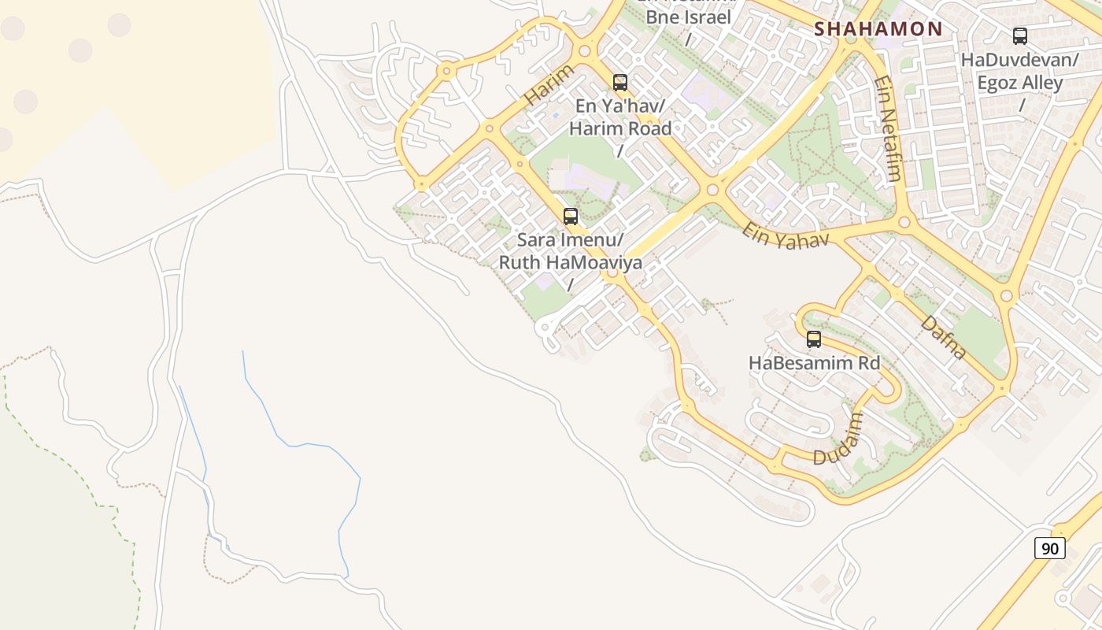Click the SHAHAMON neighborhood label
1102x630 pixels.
[x=878, y=29]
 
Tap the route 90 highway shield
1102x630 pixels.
[x=1049, y=548]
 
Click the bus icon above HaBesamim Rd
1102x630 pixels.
[x=814, y=339]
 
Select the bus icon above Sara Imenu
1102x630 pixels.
[x=571, y=216]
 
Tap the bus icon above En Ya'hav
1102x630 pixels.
[x=620, y=82]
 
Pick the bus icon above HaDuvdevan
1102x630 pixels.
[x=1020, y=35]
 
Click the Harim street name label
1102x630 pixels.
[x=549, y=85]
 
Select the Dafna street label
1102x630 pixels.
[x=943, y=337]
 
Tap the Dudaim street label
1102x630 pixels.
[x=838, y=439]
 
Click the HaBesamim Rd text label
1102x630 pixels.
[x=814, y=363]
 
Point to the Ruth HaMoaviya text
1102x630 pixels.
[x=570, y=262]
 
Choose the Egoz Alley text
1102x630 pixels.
[x=1020, y=83]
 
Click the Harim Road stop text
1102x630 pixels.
[x=620, y=128]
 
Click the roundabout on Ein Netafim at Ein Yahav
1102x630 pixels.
[x=904, y=222]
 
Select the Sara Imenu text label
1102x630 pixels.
[x=570, y=239]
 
